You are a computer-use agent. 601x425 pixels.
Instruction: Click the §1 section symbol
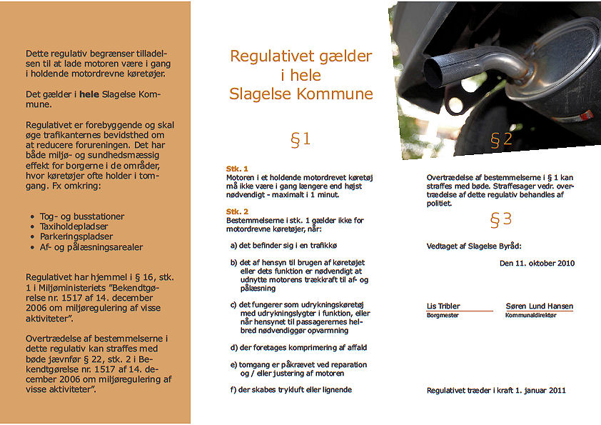(x=300, y=139)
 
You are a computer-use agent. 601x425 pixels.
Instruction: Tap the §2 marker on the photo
(x=501, y=139)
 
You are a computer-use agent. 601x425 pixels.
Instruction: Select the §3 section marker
(x=501, y=219)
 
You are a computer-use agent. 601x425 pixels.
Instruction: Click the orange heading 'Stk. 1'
(x=237, y=169)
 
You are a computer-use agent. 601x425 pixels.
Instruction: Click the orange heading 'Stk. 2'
(x=237, y=212)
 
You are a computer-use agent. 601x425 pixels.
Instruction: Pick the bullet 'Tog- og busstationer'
(x=82, y=216)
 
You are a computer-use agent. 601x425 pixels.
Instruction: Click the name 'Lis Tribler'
(x=443, y=306)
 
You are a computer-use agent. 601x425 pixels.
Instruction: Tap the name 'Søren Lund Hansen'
(x=539, y=306)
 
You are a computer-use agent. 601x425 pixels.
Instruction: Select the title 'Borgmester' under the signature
(x=443, y=315)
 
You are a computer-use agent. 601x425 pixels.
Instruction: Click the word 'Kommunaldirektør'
(x=530, y=315)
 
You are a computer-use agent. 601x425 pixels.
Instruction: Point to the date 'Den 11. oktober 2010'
(x=537, y=263)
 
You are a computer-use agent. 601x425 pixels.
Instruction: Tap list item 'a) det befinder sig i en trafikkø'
(x=283, y=245)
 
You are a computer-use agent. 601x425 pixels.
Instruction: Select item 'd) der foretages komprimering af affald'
(x=298, y=347)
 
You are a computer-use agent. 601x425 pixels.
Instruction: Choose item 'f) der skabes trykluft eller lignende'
(x=291, y=389)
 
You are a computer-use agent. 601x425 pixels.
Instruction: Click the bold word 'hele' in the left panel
(x=89, y=94)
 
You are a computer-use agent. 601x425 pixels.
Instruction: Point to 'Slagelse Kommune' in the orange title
(x=300, y=94)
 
